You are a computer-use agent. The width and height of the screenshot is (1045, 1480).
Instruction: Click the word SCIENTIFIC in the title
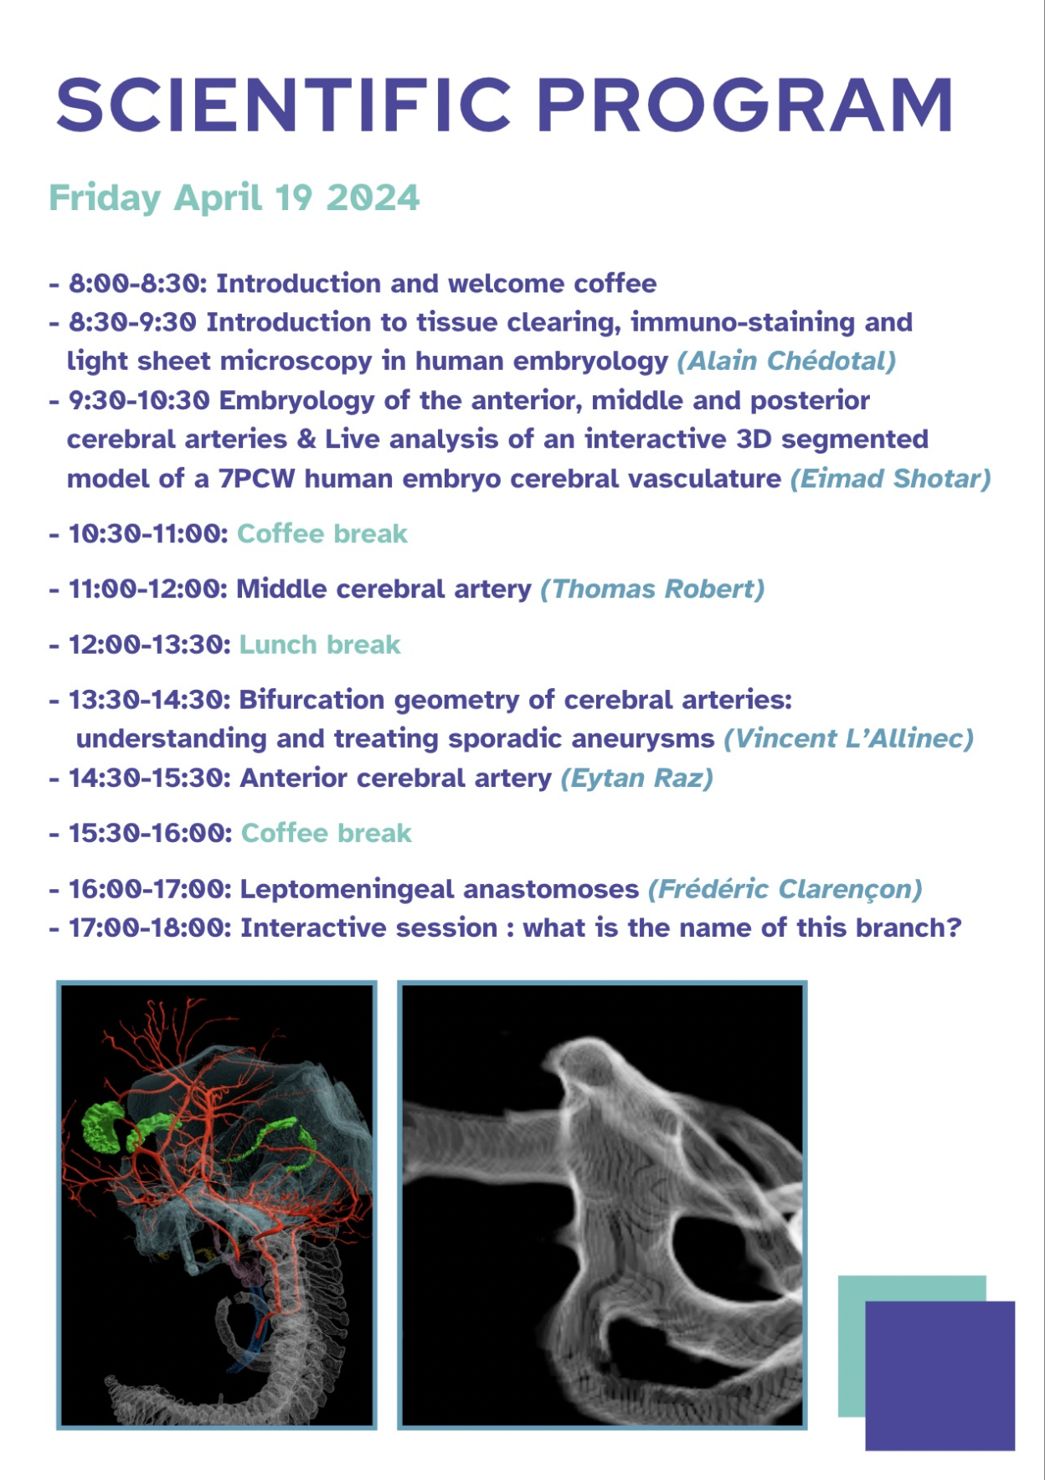click(x=283, y=105)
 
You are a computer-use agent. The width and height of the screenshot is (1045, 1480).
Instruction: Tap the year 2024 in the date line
click(x=373, y=198)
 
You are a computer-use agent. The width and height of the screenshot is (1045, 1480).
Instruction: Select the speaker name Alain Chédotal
click(x=786, y=361)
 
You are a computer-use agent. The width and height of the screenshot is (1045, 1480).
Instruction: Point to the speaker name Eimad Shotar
click(x=891, y=479)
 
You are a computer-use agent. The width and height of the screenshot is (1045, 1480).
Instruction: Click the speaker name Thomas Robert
click(x=652, y=589)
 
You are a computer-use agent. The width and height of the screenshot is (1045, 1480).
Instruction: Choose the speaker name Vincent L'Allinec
click(x=849, y=738)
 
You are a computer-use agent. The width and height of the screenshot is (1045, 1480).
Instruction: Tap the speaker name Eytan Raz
click(x=636, y=779)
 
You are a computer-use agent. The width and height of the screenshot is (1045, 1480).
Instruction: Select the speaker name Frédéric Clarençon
click(x=785, y=889)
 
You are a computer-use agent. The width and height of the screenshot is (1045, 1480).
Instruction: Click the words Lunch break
click(x=320, y=645)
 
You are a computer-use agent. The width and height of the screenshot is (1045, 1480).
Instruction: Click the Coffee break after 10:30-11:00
click(x=322, y=534)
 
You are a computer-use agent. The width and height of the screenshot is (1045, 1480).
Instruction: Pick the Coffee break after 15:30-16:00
click(x=327, y=834)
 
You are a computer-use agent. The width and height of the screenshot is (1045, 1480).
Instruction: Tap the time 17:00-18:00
click(x=150, y=928)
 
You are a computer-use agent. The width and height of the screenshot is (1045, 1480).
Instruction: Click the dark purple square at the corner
click(x=939, y=1376)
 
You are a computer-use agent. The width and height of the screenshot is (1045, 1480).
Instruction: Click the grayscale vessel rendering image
click(x=602, y=1205)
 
